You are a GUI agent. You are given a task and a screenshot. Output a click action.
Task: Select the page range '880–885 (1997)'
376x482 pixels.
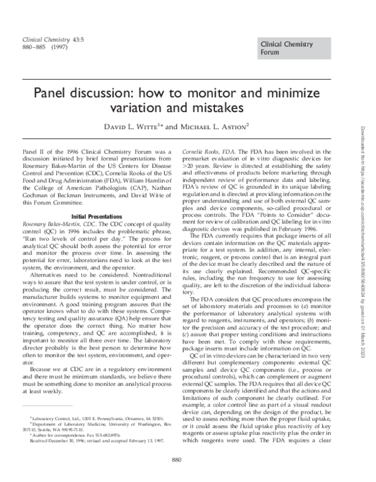pos(42,48)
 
